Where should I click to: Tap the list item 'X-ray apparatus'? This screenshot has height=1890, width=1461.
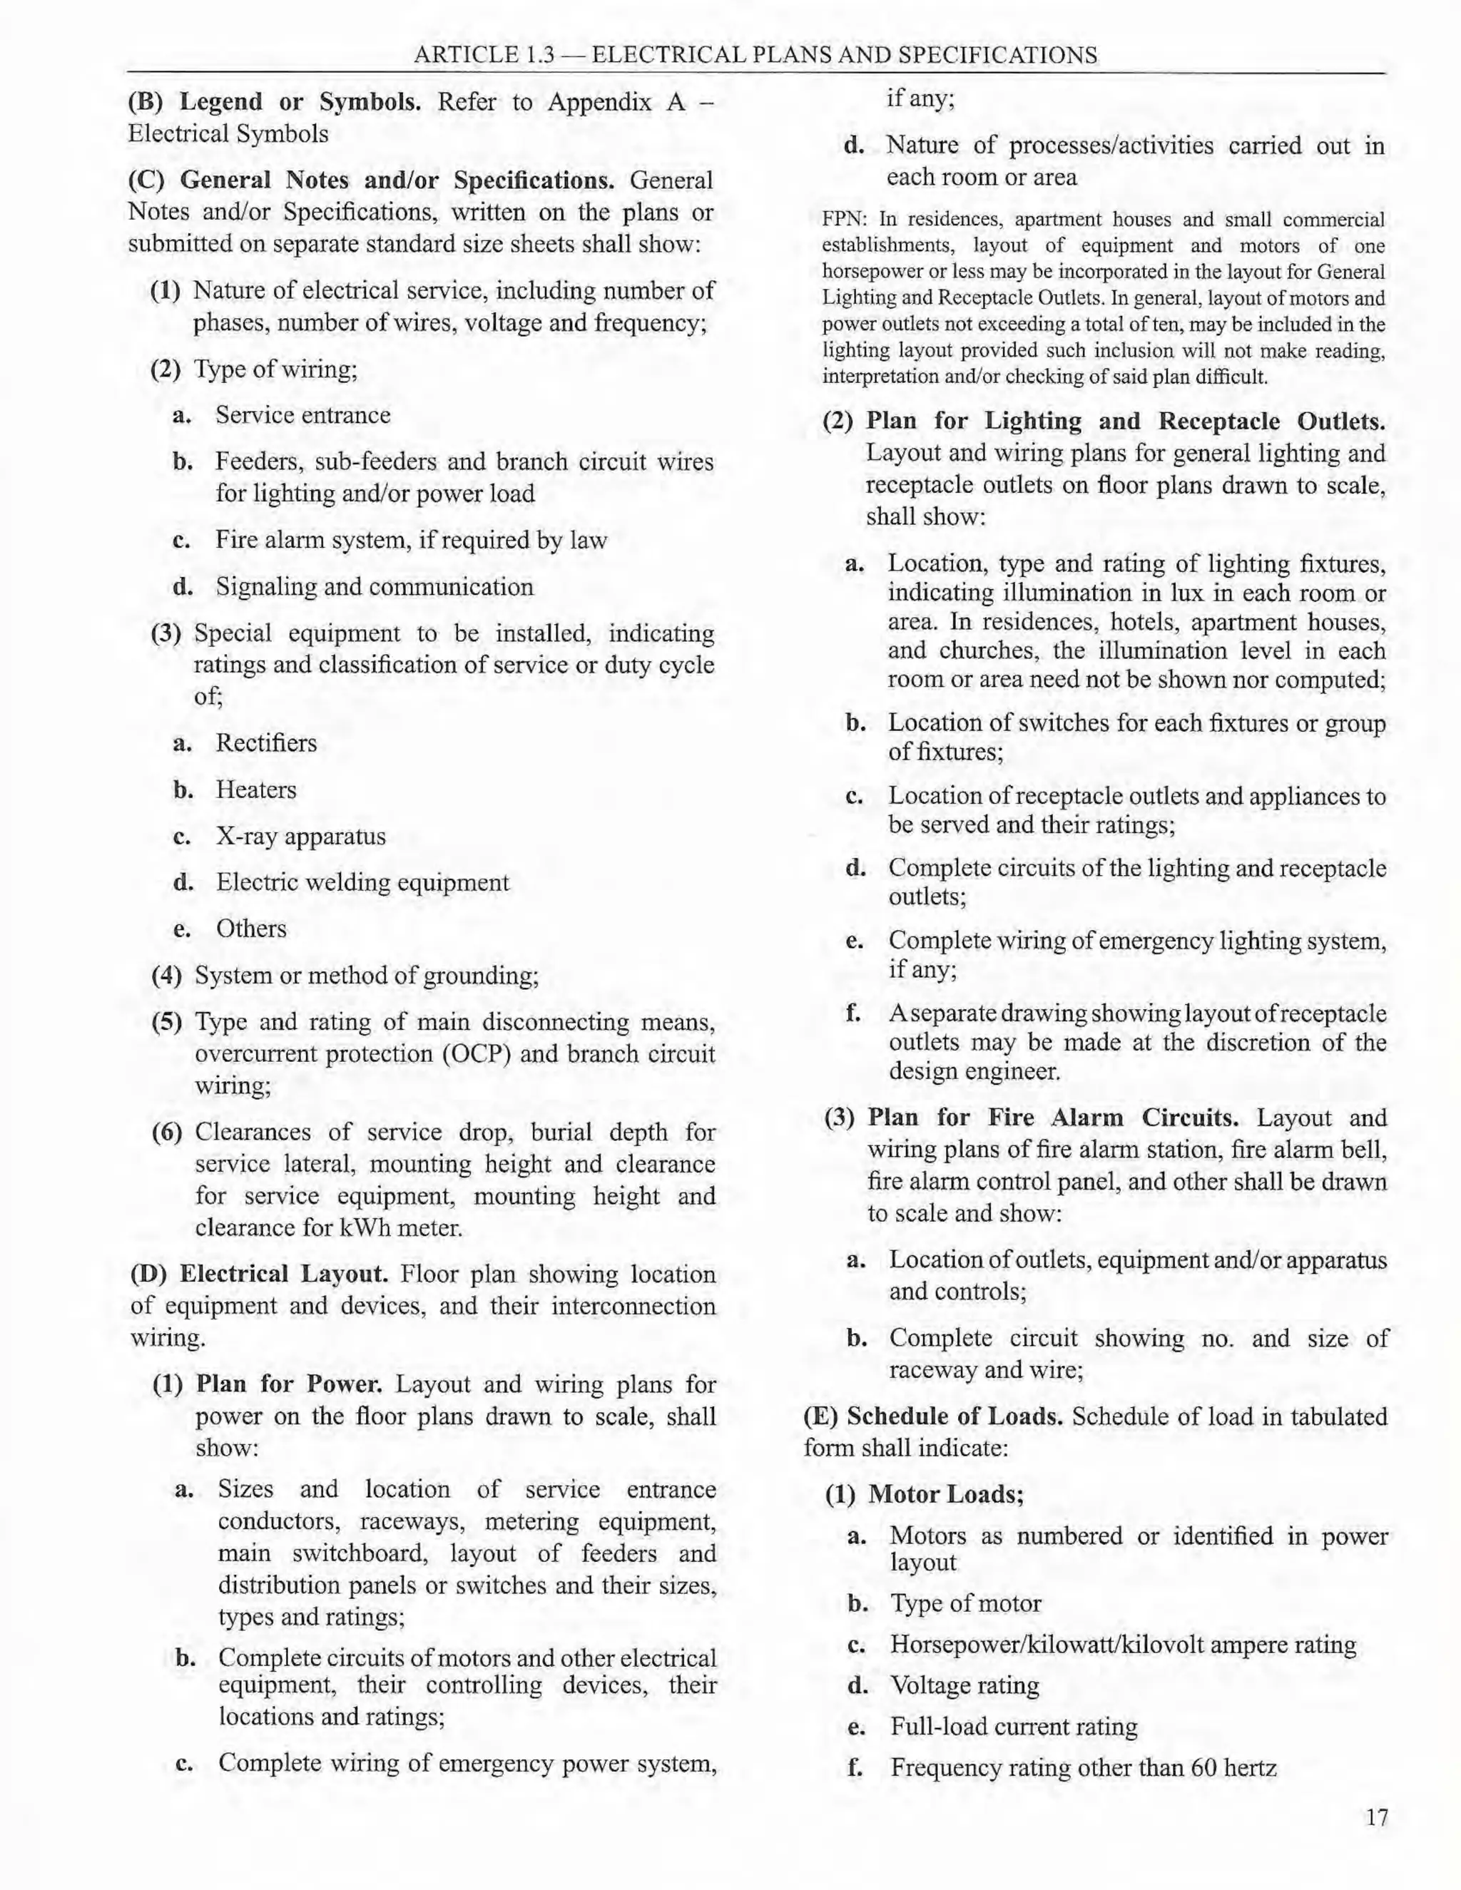pos(300,837)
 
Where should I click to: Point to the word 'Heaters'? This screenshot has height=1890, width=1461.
pos(255,790)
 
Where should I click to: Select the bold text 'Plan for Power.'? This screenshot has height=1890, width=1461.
pos(289,1384)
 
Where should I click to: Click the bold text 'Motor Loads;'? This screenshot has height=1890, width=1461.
pos(945,1494)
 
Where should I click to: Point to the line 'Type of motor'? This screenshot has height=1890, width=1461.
pos(965,1603)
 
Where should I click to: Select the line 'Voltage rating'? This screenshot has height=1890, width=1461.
pos(964,1685)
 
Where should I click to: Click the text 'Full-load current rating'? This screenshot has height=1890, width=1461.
pos(1013,1727)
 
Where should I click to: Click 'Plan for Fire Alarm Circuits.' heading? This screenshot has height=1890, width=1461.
pos(1052,1118)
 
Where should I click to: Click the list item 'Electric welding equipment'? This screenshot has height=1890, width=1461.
pos(362,883)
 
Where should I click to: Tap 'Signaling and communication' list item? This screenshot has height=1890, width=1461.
pos(374,587)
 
